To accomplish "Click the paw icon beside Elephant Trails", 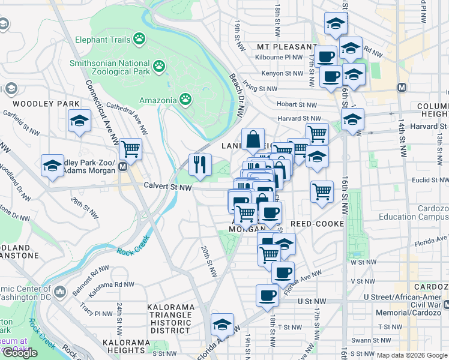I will point(140,39).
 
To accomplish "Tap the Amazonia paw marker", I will point(186,99).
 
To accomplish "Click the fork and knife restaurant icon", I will point(200,164).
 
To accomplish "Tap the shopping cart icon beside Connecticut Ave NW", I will point(130,148).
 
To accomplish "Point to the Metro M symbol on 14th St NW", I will point(402,87).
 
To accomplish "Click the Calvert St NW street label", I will point(167,187).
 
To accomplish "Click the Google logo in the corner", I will point(20,352).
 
